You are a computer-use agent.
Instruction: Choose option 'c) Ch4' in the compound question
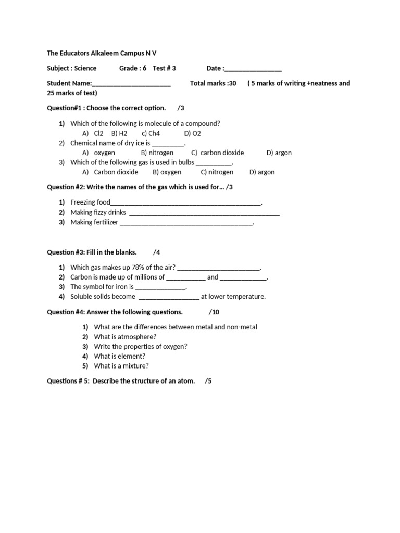tap(151, 133)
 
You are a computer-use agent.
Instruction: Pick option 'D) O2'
tap(192, 133)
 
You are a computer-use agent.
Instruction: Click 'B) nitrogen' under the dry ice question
tap(157, 153)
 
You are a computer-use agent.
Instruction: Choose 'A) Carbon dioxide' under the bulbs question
tap(110, 172)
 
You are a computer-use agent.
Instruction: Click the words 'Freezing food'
tap(90, 202)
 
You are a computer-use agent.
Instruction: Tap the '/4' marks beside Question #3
tap(157, 252)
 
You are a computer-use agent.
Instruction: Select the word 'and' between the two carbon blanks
tap(213, 277)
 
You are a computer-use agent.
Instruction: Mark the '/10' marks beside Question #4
tap(214, 312)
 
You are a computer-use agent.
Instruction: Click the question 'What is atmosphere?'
tap(125, 337)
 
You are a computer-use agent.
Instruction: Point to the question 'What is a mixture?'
tap(121, 366)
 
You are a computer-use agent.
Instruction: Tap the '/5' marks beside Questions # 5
tap(208, 381)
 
